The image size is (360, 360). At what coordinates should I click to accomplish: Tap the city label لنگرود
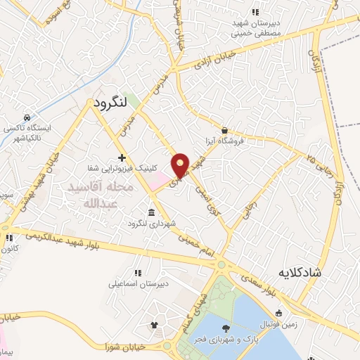click(x=110, y=102)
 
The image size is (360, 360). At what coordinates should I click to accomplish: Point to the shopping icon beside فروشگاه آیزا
click(x=224, y=130)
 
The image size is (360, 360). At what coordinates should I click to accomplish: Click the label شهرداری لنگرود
click(x=150, y=224)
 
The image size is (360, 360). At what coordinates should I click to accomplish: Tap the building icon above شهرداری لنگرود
click(x=151, y=212)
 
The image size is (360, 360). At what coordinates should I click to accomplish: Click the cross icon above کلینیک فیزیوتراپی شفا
click(x=122, y=157)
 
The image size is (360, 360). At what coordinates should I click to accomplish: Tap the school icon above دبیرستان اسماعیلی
click(x=137, y=273)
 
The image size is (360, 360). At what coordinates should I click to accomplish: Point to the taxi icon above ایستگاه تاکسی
click(x=27, y=117)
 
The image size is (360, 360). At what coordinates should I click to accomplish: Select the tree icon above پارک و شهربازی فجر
click(x=225, y=328)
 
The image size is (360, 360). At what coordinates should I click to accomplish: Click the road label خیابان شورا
click(x=106, y=346)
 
